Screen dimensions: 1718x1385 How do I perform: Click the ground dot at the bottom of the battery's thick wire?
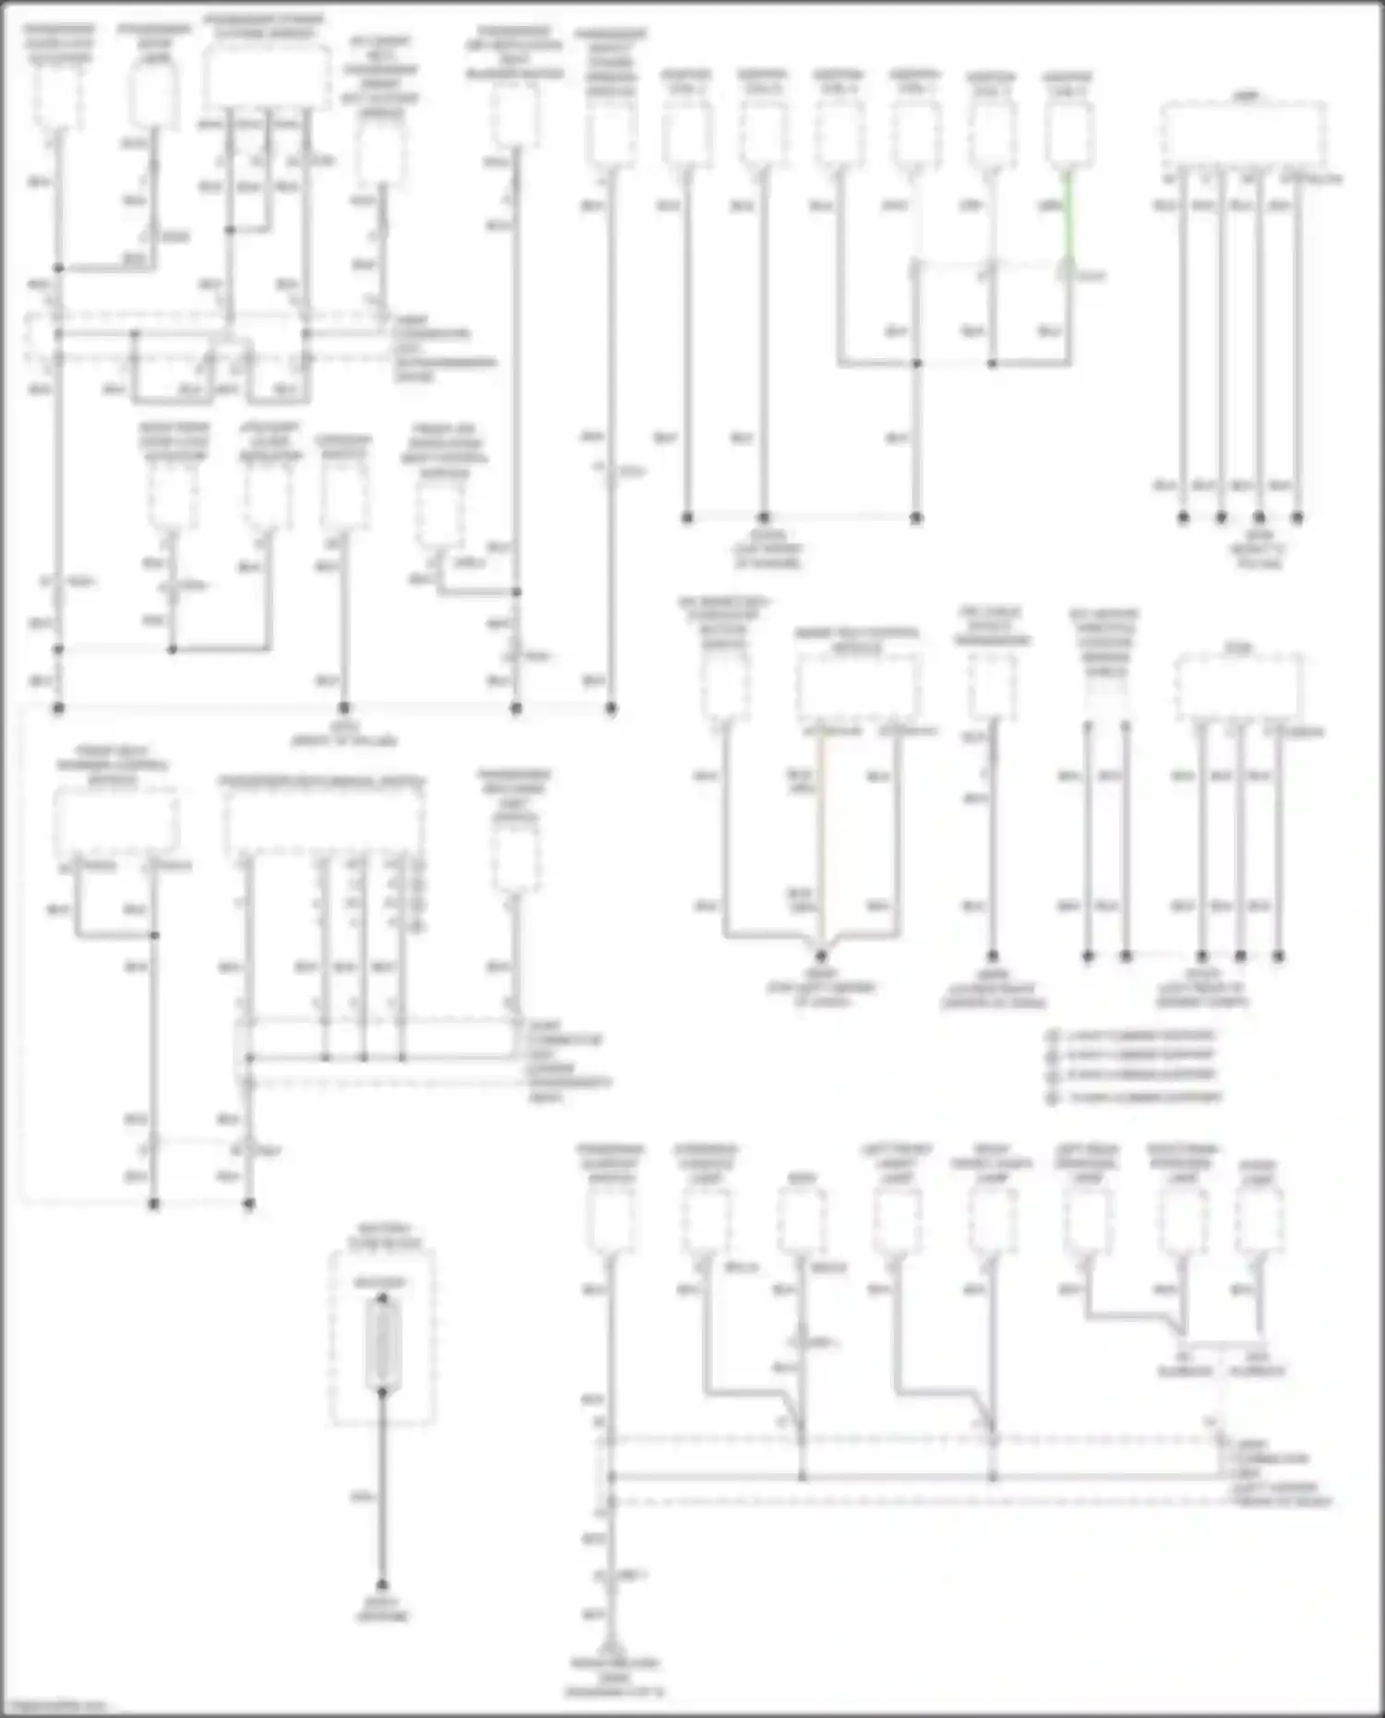(x=382, y=1584)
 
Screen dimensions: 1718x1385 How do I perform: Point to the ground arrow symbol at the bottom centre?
(x=609, y=1650)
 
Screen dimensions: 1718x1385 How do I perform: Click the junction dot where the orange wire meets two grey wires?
(x=821, y=955)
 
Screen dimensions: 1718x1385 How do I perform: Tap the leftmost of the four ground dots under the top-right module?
(x=1183, y=518)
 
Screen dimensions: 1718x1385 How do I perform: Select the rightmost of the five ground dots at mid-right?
(x=1279, y=956)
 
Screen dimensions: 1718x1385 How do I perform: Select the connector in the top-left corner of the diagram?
(x=58, y=97)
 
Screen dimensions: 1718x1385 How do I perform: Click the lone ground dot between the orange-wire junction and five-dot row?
(x=993, y=956)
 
